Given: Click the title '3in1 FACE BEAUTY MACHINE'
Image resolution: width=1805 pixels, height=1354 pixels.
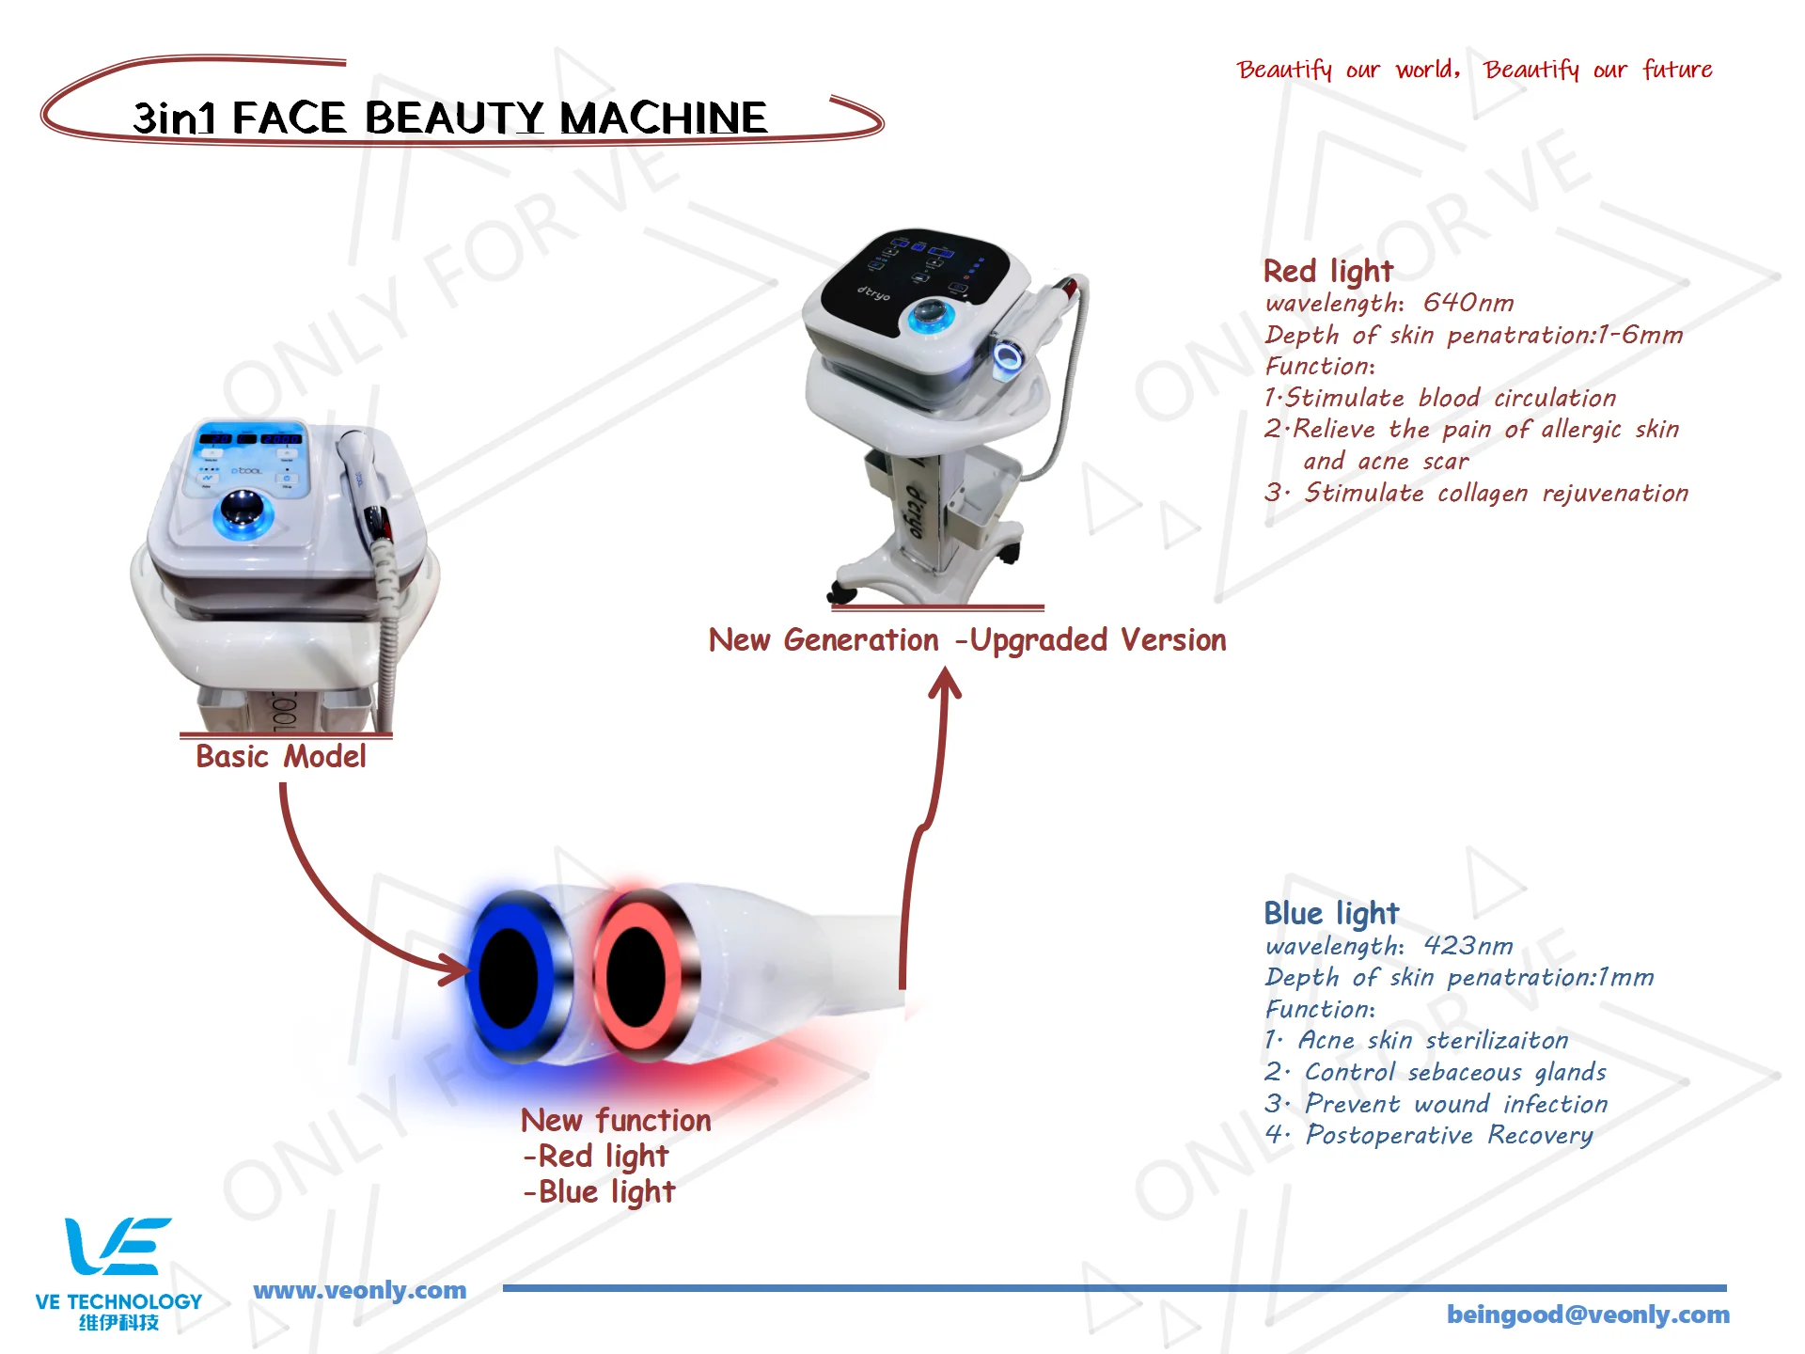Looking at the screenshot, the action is coord(449,118).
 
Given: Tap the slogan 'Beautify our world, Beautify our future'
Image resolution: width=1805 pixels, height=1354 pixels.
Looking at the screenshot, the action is coord(1473,70).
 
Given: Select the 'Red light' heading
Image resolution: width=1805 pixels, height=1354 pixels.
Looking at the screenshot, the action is coord(1327,271).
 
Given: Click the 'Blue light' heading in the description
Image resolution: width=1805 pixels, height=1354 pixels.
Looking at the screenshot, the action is coord(1330,913).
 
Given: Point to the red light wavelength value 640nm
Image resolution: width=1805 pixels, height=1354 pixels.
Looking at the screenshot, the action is coord(1468,303).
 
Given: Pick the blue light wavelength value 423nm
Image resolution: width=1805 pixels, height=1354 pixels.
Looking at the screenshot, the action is coord(1468,945).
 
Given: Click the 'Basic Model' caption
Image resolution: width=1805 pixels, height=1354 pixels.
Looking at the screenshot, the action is coord(280,756).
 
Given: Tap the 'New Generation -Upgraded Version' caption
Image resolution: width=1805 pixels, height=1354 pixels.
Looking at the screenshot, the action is coord(966,640).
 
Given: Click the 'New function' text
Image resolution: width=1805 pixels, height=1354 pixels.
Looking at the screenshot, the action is coord(616,1120).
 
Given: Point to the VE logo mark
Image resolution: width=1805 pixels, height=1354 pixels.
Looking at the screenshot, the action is coord(117,1246).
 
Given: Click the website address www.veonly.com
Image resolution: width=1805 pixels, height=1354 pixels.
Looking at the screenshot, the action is coord(359,1290).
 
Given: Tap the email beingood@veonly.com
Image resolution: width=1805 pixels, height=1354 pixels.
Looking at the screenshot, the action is coord(1587,1315).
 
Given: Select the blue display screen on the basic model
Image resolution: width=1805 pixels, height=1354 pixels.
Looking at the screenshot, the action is coord(250,438).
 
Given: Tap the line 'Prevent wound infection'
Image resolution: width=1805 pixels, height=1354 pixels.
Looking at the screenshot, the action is coord(1455,1104).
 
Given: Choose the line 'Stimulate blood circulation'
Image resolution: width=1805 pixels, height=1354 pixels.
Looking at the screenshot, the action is coord(1450,398).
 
